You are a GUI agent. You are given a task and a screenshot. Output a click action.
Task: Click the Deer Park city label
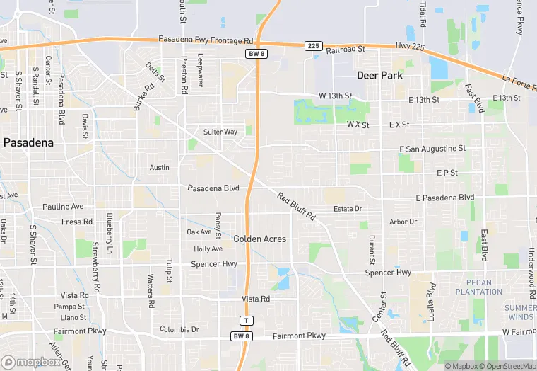(x=379, y=75)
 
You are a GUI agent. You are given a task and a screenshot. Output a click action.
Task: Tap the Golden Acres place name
(x=260, y=239)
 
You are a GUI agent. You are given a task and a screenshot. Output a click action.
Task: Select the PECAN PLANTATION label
(x=479, y=287)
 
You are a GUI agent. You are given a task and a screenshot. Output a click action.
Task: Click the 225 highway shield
(x=313, y=45)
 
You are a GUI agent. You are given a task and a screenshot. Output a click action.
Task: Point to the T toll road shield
(x=246, y=320)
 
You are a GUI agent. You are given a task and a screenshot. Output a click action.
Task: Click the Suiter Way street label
(x=220, y=132)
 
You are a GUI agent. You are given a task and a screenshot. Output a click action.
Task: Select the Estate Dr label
(x=348, y=209)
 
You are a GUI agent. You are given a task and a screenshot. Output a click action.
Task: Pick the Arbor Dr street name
(x=403, y=222)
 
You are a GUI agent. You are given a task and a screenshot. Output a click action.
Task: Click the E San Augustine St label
(x=432, y=149)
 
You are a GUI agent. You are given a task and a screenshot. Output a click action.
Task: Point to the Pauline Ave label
(x=63, y=207)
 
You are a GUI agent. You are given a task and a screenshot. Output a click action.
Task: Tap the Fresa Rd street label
(x=77, y=222)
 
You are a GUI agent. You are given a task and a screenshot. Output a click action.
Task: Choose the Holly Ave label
(x=208, y=249)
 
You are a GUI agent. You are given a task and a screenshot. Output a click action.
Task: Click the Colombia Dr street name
(x=179, y=330)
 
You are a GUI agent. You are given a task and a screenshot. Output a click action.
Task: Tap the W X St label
(x=358, y=124)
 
